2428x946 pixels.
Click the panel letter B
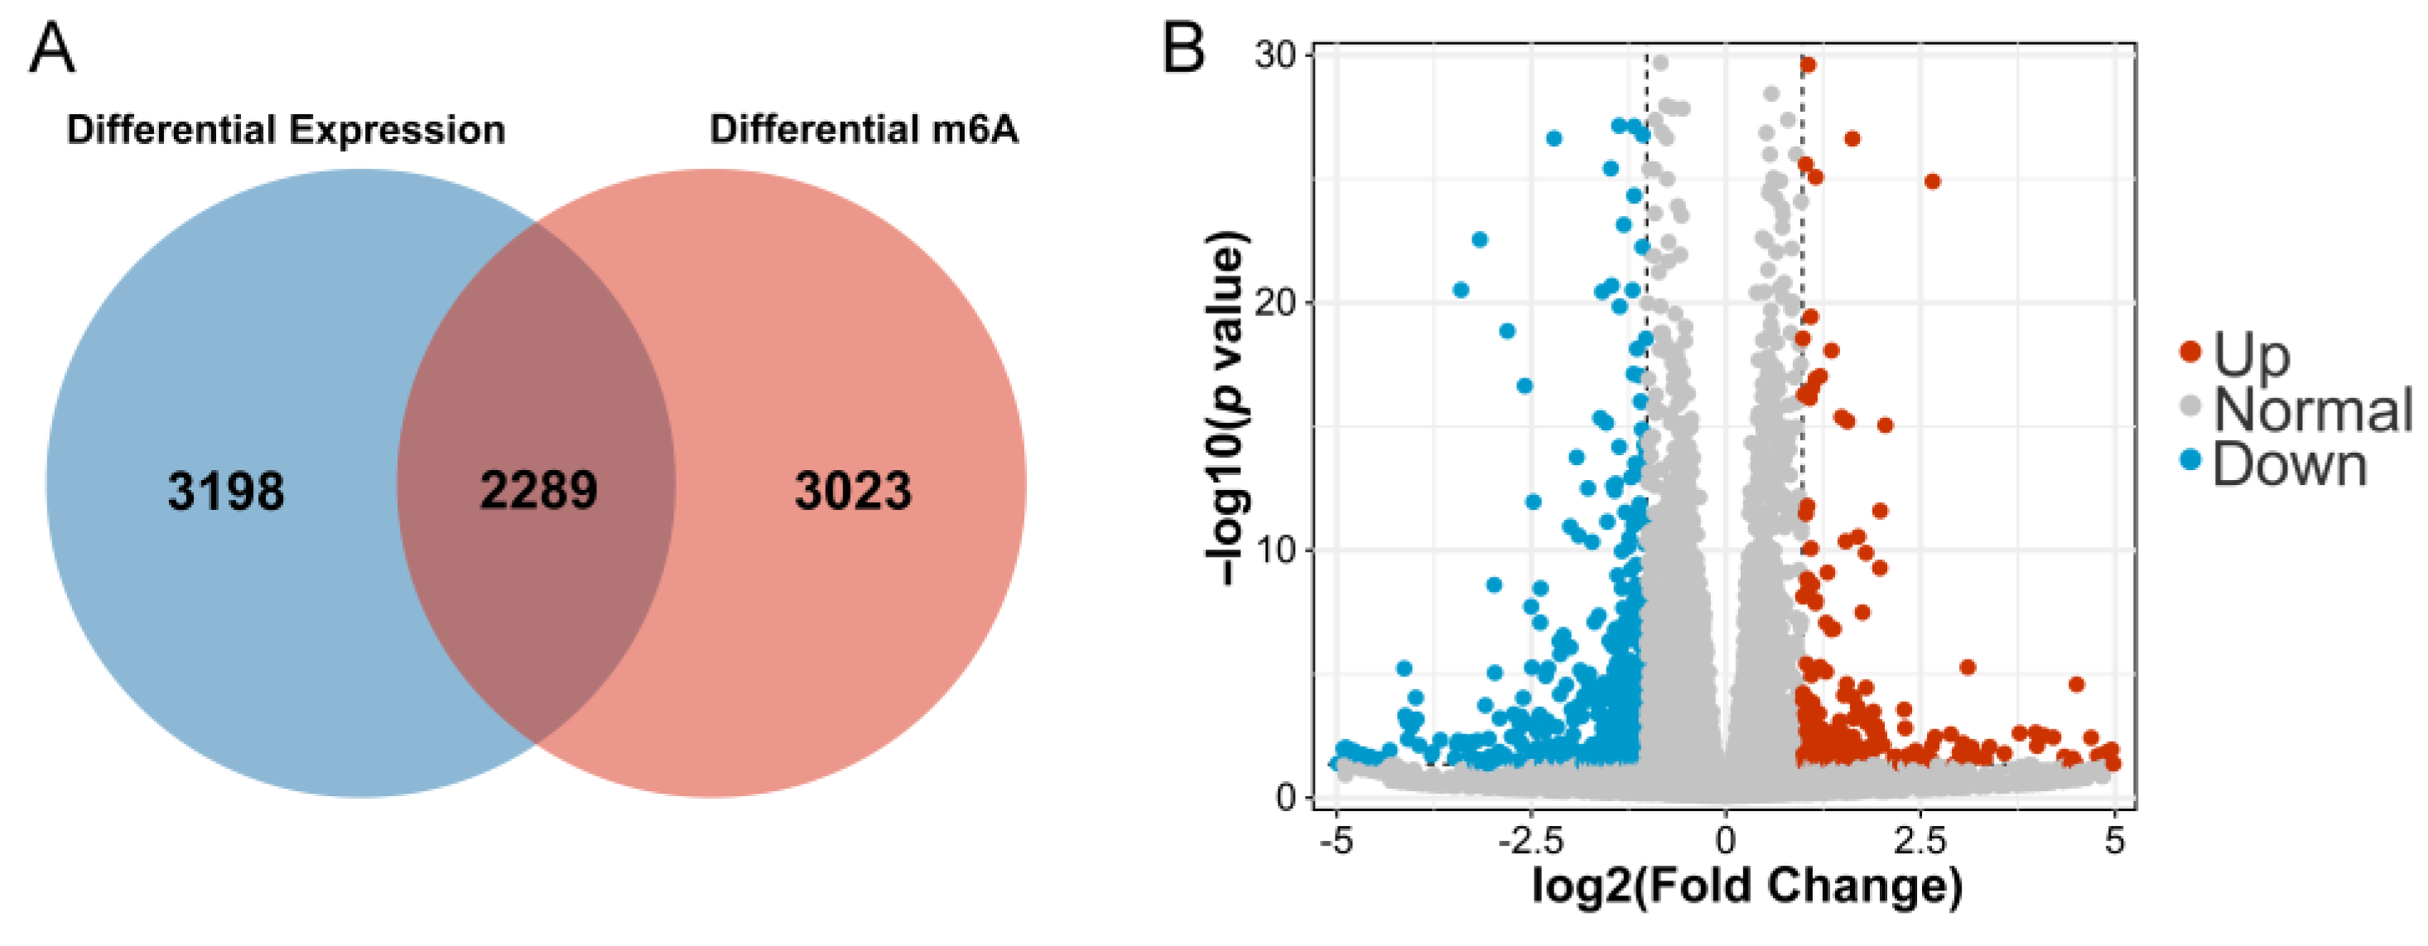[x=1183, y=49]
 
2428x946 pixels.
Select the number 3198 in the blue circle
[x=225, y=491]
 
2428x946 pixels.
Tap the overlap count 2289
[x=538, y=490]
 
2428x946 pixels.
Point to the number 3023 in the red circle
[x=853, y=491]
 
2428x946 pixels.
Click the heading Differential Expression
[x=286, y=130]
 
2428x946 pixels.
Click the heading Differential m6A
[x=864, y=130]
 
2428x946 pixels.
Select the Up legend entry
[x=2251, y=354]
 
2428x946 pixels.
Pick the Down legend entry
[x=2289, y=464]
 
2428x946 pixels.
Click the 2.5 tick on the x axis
[x=1920, y=839]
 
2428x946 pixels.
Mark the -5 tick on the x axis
[x=1337, y=839]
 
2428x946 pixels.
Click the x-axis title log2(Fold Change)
[x=1746, y=886]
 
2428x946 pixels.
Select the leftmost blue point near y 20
[x=1461, y=291]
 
